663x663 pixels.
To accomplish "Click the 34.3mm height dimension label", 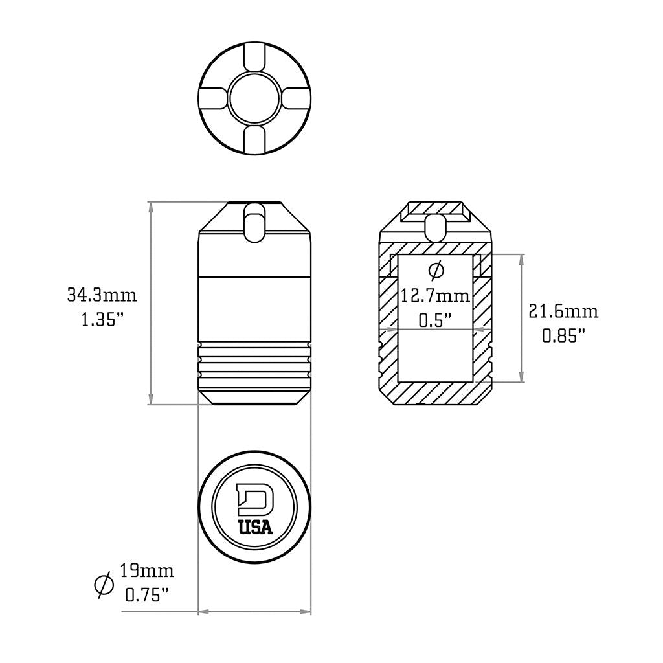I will click(102, 296).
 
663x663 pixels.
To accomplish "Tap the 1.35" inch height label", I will click(102, 319).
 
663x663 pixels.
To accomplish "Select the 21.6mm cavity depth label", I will click(563, 311).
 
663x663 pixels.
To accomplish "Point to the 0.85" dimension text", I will click(563, 335).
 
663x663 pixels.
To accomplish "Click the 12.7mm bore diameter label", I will click(435, 297).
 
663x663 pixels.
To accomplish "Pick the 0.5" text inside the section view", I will click(435, 320).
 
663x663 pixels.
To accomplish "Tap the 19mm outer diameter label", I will click(147, 571).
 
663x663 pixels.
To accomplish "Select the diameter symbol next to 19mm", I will click(103, 584).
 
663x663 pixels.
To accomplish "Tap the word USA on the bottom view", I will click(255, 528).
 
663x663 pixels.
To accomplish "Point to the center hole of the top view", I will click(255, 98).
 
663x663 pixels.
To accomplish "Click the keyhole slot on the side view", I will click(254, 223).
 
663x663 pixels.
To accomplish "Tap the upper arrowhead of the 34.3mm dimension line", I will click(152, 207).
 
